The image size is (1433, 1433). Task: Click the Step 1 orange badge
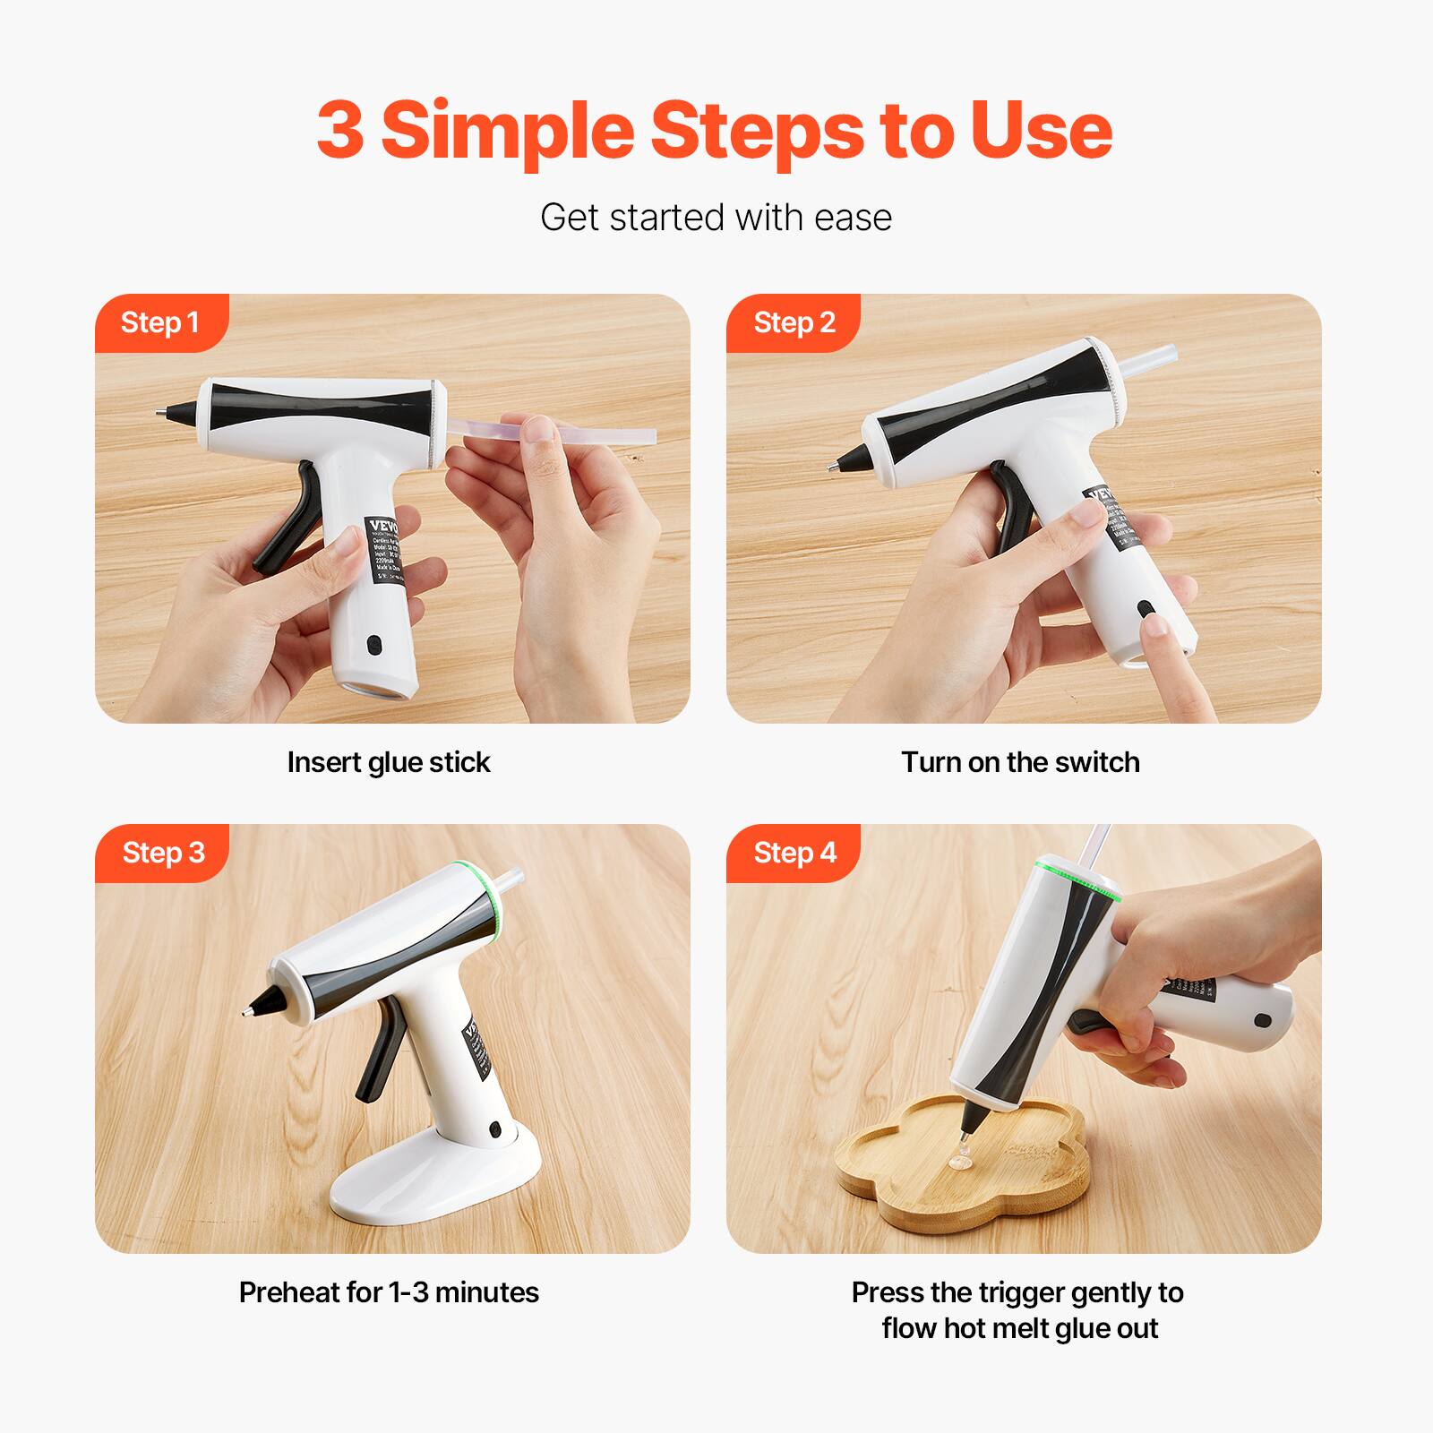[160, 322]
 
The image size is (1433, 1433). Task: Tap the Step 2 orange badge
[794, 322]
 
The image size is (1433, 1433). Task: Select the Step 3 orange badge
[162, 853]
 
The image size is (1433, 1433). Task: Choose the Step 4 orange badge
[794, 853]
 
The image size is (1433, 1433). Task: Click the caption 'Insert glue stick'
[389, 762]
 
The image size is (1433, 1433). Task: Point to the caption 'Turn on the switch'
[1020, 762]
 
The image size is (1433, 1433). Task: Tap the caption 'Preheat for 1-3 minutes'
[389, 1292]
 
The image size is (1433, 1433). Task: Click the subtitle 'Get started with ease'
[716, 218]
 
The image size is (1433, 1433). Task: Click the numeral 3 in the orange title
[340, 130]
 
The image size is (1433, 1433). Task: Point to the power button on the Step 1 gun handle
[373, 644]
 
